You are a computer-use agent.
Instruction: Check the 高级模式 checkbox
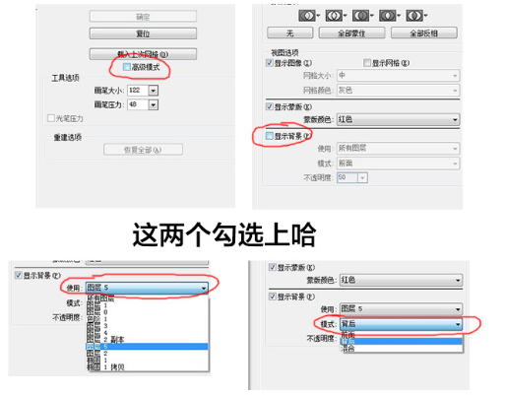pyautogui.click(x=128, y=68)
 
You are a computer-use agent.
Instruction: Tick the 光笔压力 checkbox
pyautogui.click(x=50, y=118)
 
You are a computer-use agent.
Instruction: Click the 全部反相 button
pyautogui.click(x=422, y=33)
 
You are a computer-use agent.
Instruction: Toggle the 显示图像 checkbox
pyautogui.click(x=271, y=62)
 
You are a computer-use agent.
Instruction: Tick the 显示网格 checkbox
pyautogui.click(x=366, y=62)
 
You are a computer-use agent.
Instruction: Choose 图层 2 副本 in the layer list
pyautogui.click(x=108, y=339)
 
